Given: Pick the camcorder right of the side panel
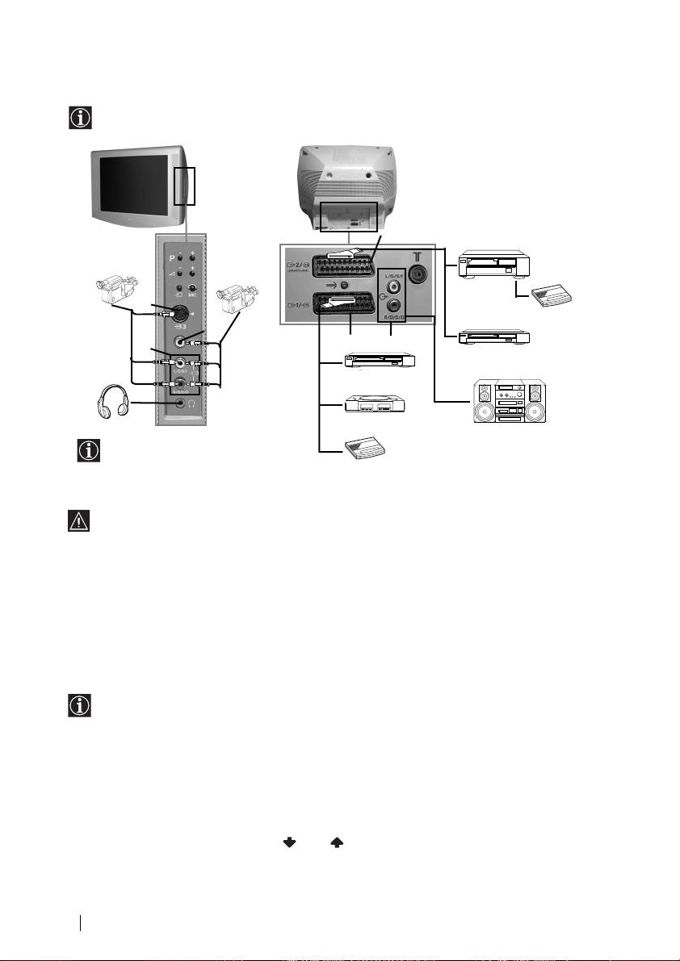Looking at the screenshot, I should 234,298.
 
